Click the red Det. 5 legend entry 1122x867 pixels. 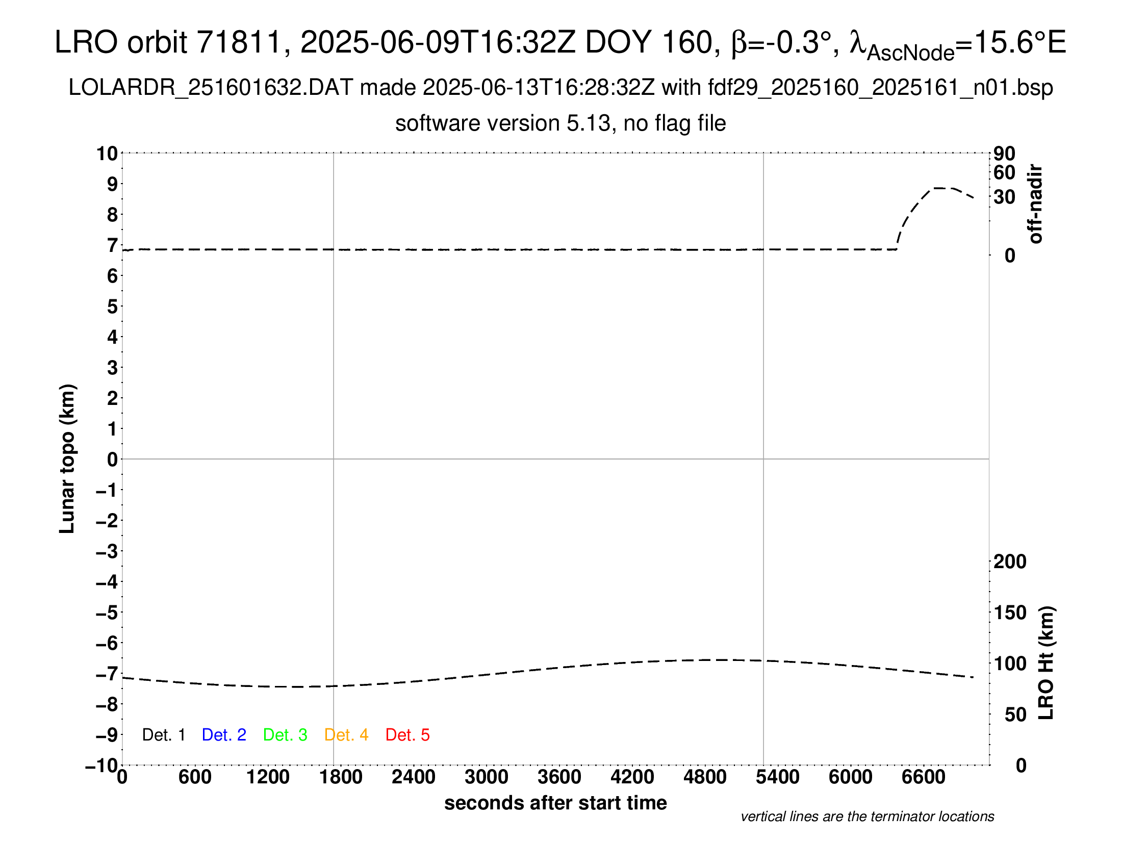(x=407, y=735)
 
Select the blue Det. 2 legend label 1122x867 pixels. (x=224, y=735)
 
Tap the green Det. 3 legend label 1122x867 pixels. (x=285, y=735)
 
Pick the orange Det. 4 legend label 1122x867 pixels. (x=346, y=735)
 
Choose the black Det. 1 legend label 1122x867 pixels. (x=163, y=735)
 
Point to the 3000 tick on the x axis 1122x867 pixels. (x=487, y=777)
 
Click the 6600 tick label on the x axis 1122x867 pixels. (x=923, y=777)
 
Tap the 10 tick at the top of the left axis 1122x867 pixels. (x=108, y=154)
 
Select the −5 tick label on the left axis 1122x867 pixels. (x=107, y=613)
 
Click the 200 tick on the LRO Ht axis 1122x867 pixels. (x=1010, y=562)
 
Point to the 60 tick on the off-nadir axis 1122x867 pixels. (x=1004, y=173)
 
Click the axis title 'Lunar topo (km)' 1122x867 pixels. (x=67, y=458)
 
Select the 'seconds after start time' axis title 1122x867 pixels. (x=555, y=803)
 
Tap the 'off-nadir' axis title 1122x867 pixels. (x=1036, y=204)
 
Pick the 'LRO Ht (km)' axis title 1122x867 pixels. (x=1046, y=663)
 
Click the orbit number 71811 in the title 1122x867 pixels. (x=239, y=42)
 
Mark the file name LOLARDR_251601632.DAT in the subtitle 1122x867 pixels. (x=211, y=88)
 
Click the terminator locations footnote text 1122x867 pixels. (x=867, y=817)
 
